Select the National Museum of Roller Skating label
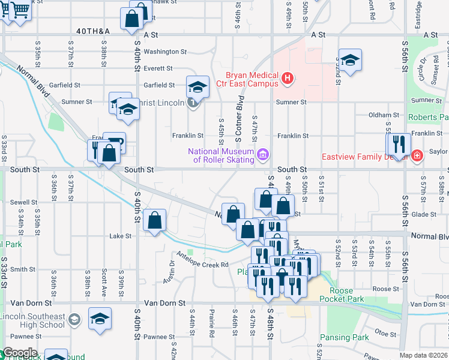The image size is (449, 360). (x=221, y=155)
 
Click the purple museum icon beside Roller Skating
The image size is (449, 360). (x=262, y=156)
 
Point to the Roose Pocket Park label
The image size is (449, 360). (x=342, y=294)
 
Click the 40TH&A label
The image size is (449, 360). (x=93, y=30)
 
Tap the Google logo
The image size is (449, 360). (x=19, y=353)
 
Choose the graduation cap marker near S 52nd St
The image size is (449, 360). (x=350, y=60)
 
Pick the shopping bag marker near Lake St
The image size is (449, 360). (x=155, y=220)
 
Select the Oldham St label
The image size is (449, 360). (x=384, y=115)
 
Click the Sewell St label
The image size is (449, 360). (x=24, y=203)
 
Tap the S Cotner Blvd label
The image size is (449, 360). (x=239, y=119)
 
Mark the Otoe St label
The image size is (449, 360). (x=382, y=332)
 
